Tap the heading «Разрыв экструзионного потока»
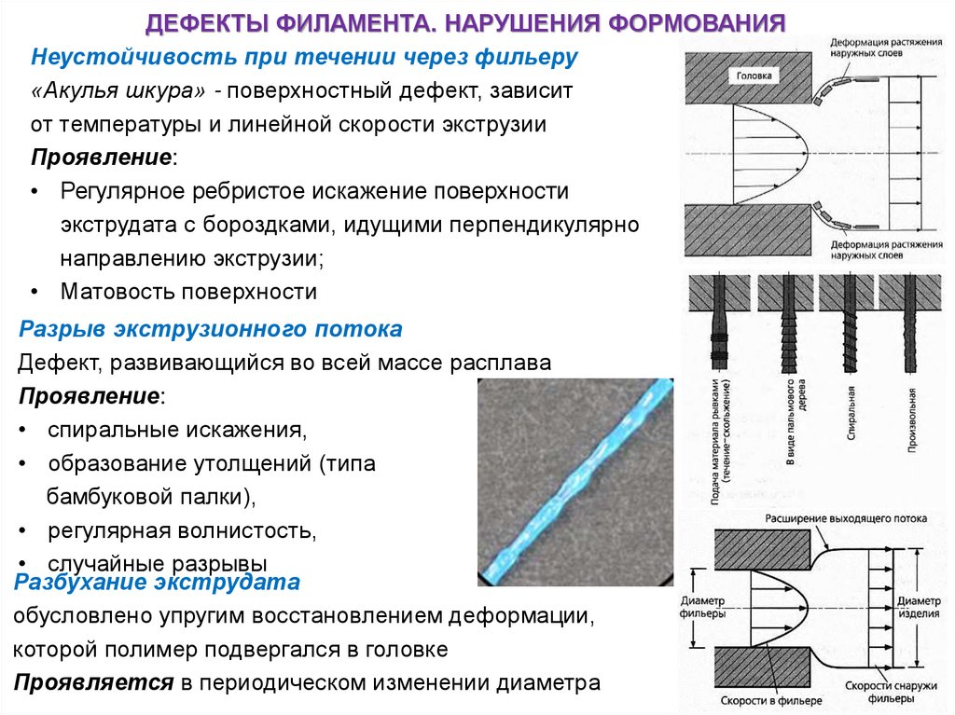211,329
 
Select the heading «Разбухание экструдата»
157,584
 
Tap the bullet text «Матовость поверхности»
189,292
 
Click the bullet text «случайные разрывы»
158,563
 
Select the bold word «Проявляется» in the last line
93,681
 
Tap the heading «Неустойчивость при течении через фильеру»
305,57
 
